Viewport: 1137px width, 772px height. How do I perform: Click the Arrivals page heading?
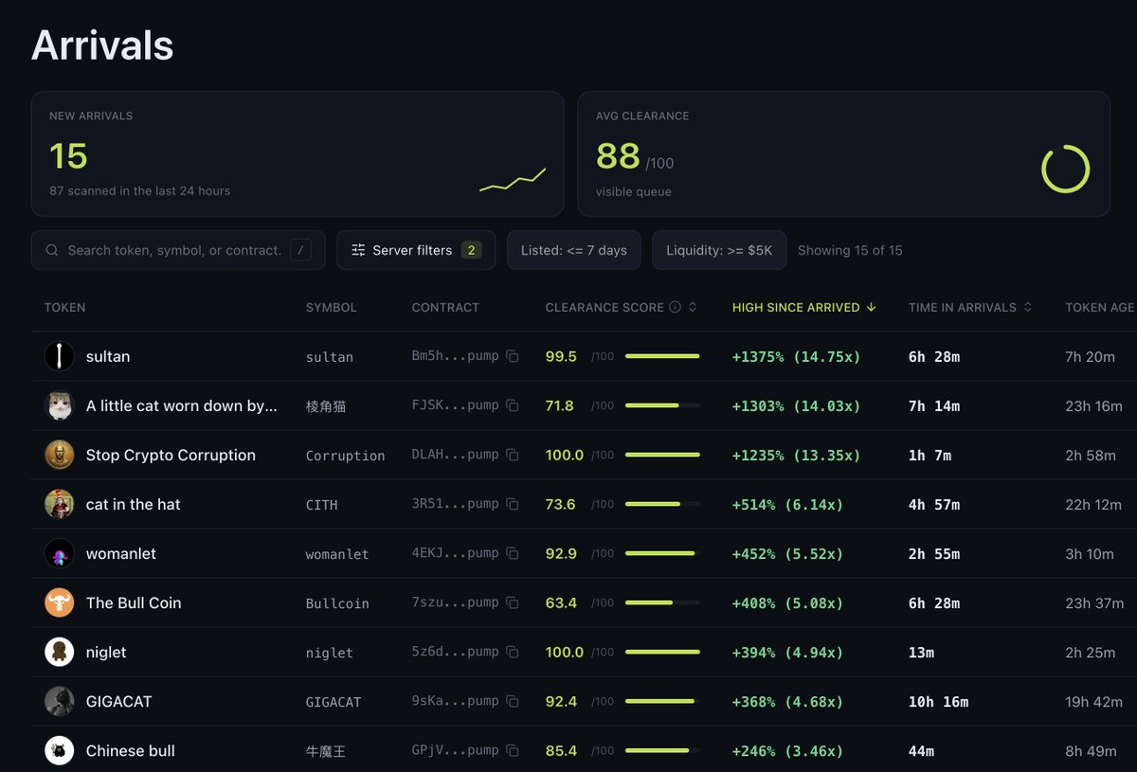pyautogui.click(x=102, y=45)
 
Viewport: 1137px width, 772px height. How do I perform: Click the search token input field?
pyautogui.click(x=178, y=250)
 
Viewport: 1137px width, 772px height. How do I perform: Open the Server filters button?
pyautogui.click(x=416, y=250)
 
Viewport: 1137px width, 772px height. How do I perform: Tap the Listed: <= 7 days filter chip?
pyautogui.click(x=573, y=250)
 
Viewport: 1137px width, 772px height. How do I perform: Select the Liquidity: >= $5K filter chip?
pyautogui.click(x=719, y=250)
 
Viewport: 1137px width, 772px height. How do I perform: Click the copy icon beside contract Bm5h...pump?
pyautogui.click(x=513, y=356)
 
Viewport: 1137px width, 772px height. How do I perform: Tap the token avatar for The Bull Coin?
pyautogui.click(x=60, y=602)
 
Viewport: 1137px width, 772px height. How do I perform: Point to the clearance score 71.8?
pyautogui.click(x=559, y=405)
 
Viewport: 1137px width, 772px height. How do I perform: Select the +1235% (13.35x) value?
pyautogui.click(x=796, y=455)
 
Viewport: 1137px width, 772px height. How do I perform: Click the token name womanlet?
pyautogui.click(x=121, y=553)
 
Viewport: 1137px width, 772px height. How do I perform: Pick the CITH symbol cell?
pyautogui.click(x=322, y=505)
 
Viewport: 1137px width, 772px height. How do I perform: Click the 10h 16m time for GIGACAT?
pyautogui.click(x=938, y=702)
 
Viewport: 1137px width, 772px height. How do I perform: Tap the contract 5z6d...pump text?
pyautogui.click(x=455, y=651)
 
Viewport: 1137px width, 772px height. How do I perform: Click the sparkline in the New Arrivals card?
pyautogui.click(x=513, y=180)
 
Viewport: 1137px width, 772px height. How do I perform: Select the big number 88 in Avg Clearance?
pyautogui.click(x=618, y=155)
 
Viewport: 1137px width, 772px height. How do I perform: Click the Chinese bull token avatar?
pyautogui.click(x=60, y=750)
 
